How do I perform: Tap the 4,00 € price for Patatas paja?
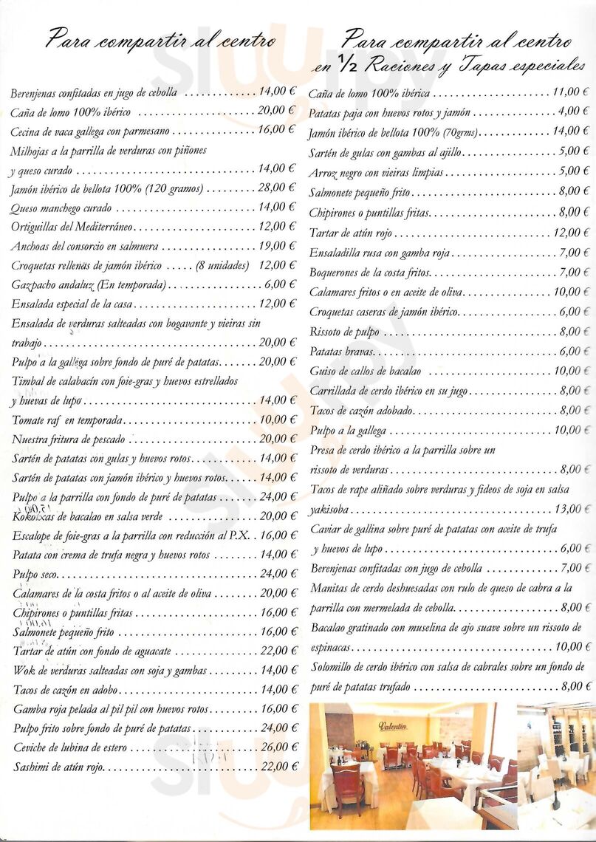(x=574, y=112)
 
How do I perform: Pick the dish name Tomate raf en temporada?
(x=67, y=420)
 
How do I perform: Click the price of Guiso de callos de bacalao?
(x=571, y=371)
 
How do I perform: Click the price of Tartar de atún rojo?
(x=571, y=233)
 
